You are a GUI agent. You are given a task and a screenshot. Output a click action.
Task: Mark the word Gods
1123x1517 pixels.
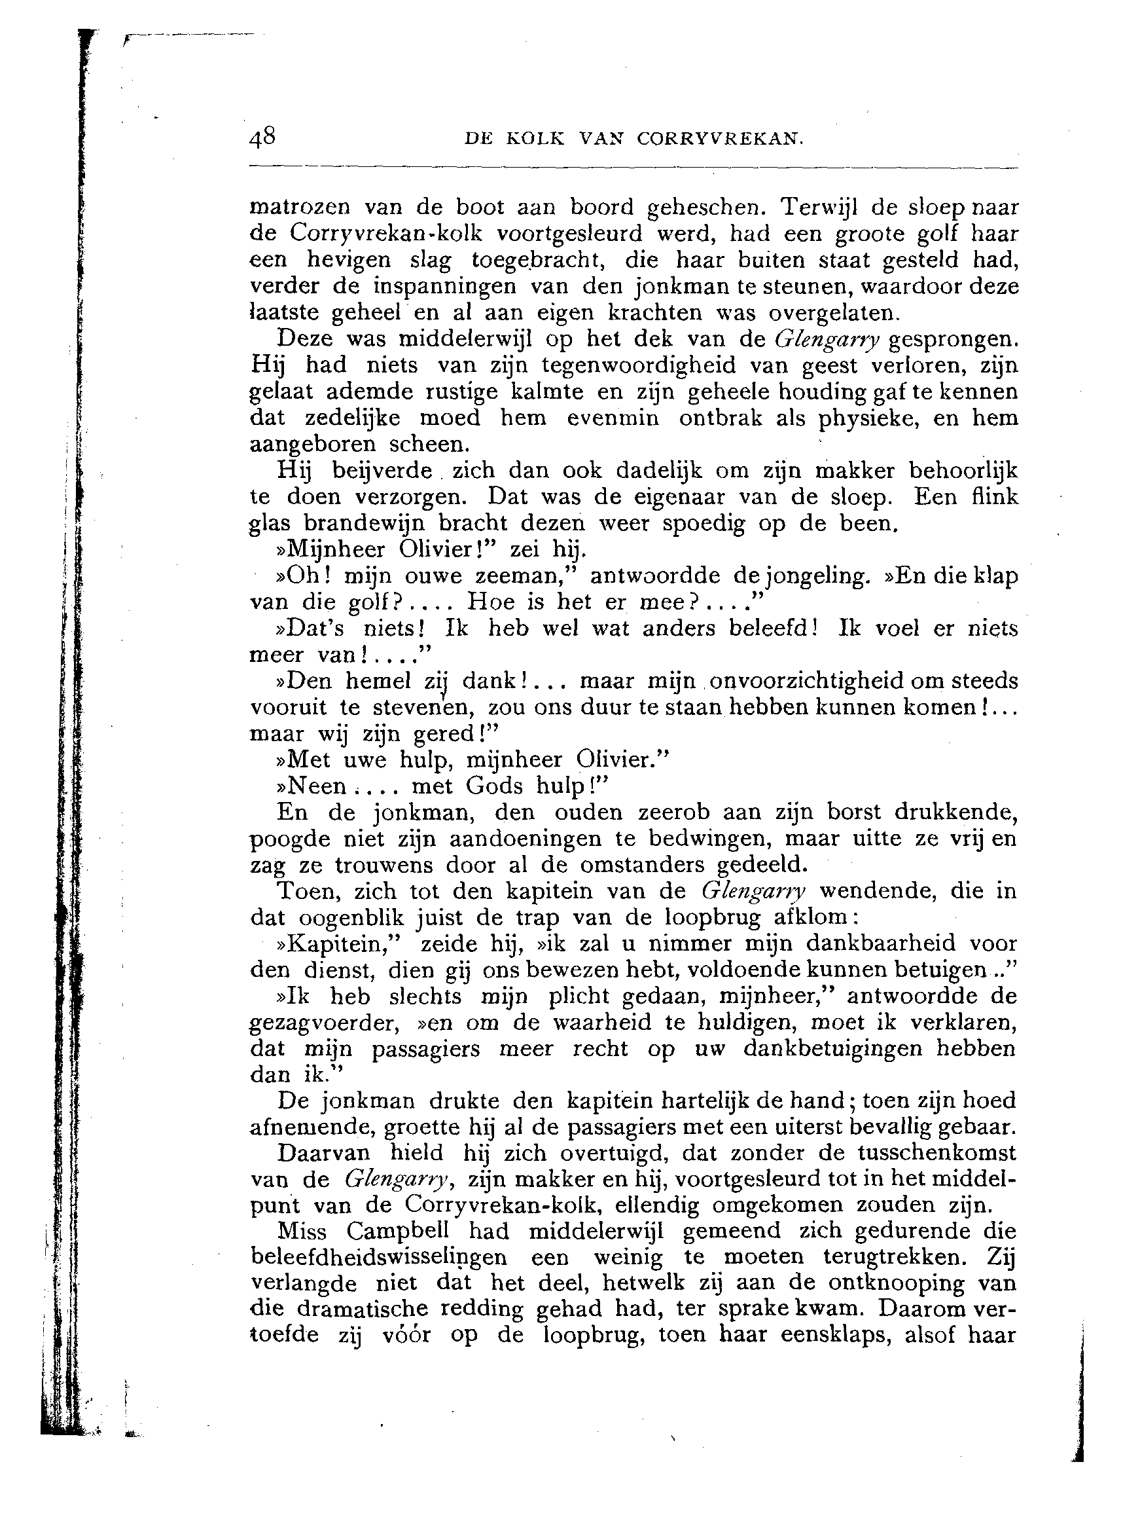pos(494,787)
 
